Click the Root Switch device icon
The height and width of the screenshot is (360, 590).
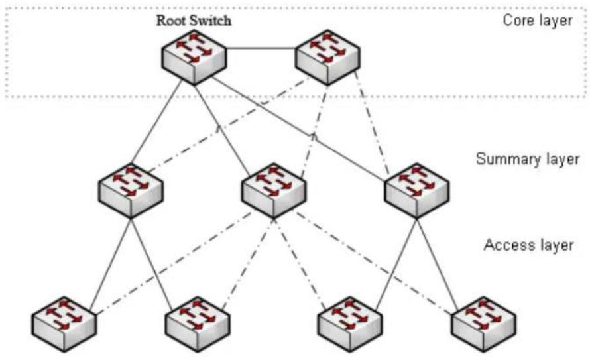(x=194, y=57)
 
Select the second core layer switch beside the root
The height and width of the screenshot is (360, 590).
(x=328, y=57)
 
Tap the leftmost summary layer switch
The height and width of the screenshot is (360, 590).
(x=131, y=191)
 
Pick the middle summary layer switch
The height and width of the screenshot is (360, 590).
(x=274, y=191)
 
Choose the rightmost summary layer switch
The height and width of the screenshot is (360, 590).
(x=416, y=191)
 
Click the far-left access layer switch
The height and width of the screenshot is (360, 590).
(x=64, y=324)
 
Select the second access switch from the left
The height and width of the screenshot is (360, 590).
(x=198, y=324)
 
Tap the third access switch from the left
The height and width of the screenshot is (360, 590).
(x=350, y=324)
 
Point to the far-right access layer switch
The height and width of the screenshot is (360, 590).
(x=483, y=324)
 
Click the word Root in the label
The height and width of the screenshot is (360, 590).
(x=170, y=21)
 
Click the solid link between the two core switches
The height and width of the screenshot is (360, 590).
(x=261, y=48)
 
